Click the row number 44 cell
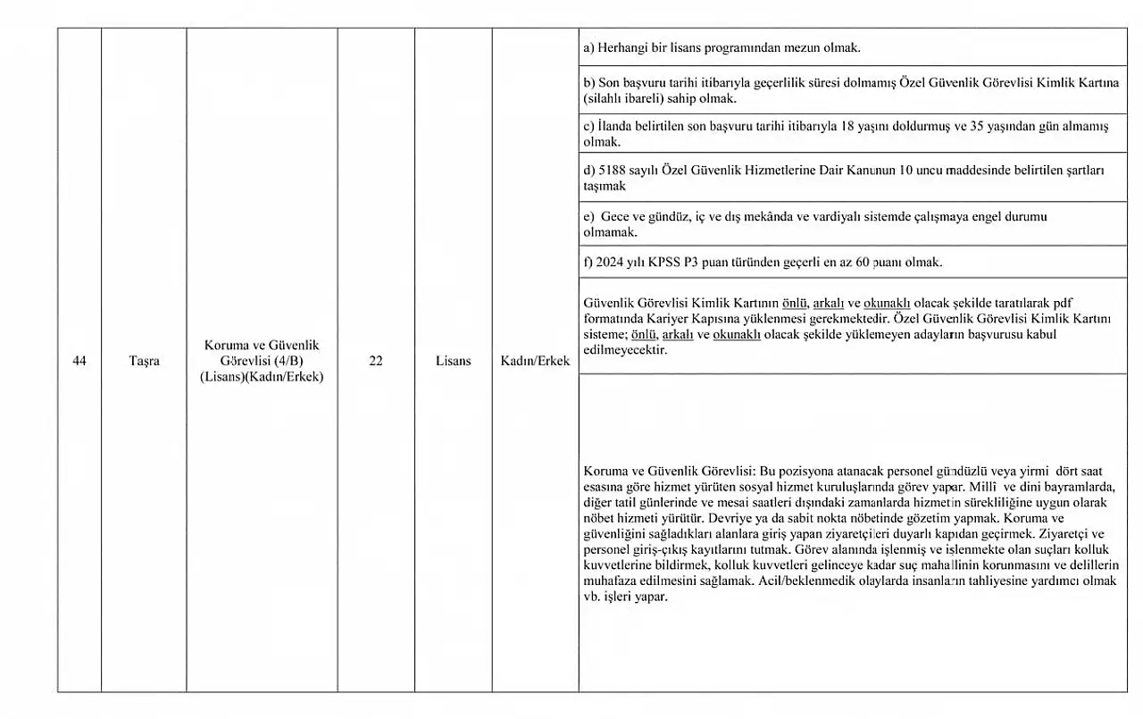click(79, 361)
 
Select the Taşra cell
click(144, 361)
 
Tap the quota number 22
click(376, 361)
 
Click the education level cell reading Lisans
click(454, 361)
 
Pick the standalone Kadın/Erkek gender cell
click(535, 361)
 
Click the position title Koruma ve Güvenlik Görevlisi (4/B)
click(262, 352)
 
